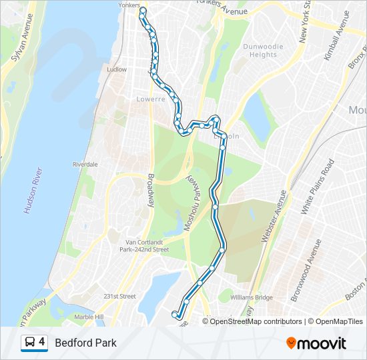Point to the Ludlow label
pos(116,69)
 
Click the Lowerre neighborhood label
pos(150,99)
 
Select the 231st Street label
pos(119,296)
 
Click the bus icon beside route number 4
pos(29,343)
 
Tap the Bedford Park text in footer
pos(85,343)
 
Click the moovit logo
pos(316,343)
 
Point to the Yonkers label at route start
pos(128,5)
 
